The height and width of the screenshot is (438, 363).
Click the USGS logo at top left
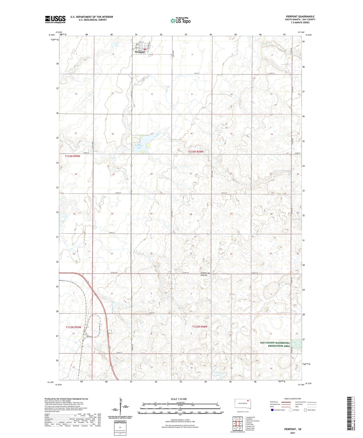[x=55, y=19]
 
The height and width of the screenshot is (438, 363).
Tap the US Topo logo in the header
[x=180, y=21]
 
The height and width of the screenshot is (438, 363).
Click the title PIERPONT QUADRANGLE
[x=300, y=17]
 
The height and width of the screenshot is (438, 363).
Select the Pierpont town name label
[x=140, y=52]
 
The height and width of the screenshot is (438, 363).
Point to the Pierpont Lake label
[x=139, y=147]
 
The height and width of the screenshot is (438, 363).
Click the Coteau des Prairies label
[x=204, y=274]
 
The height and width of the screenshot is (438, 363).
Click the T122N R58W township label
[x=200, y=327]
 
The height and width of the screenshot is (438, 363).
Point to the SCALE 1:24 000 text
[x=179, y=399]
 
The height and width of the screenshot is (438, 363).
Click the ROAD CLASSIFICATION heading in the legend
[x=293, y=399]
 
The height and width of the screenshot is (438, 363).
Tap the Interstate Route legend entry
[x=278, y=410]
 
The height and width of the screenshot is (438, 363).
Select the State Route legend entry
[x=309, y=410]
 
